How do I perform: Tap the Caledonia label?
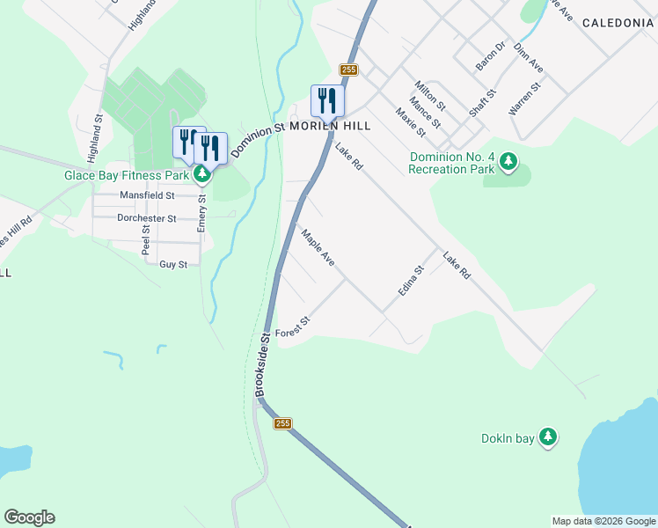(617, 23)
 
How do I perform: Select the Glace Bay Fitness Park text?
(128, 174)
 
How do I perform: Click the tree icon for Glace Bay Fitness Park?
(202, 174)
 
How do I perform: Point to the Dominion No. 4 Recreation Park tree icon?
(508, 160)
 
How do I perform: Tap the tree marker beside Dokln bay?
(547, 436)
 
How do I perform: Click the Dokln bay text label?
(508, 438)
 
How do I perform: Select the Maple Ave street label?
(318, 249)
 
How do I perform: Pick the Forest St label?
(293, 327)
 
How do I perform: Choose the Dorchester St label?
(147, 218)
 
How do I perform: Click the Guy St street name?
(173, 264)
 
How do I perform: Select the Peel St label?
(146, 238)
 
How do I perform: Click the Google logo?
(29, 517)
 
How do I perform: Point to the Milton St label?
(430, 95)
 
